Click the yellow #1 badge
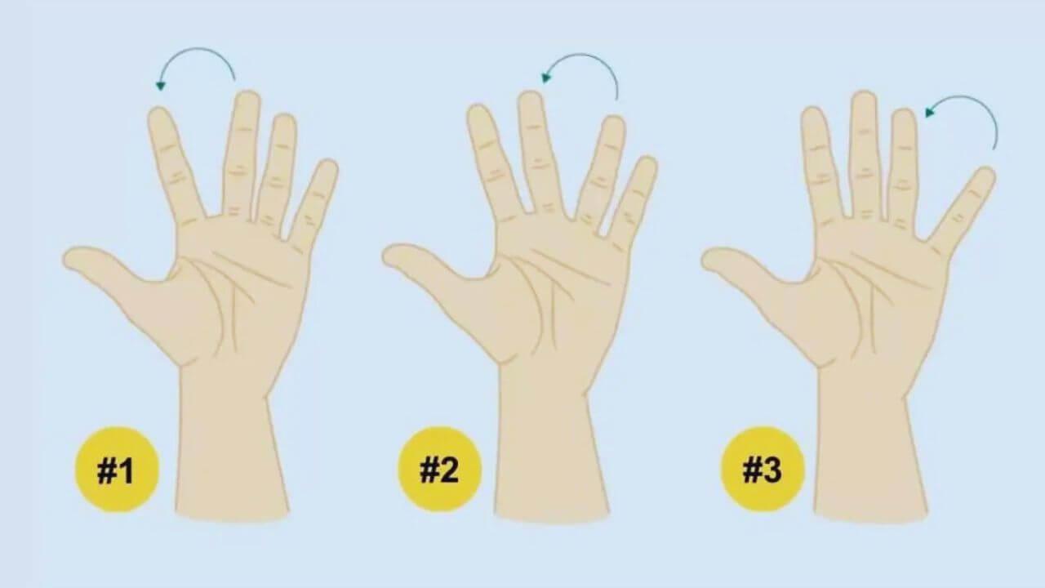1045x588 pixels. (x=117, y=470)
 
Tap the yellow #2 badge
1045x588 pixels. (x=439, y=470)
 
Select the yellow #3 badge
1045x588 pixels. (x=763, y=470)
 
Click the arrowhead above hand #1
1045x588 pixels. (x=161, y=86)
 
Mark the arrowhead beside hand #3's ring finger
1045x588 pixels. (x=930, y=112)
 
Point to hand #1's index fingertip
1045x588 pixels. (x=158, y=114)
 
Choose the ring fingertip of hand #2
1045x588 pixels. (x=614, y=122)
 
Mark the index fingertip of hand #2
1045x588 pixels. (x=478, y=111)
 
